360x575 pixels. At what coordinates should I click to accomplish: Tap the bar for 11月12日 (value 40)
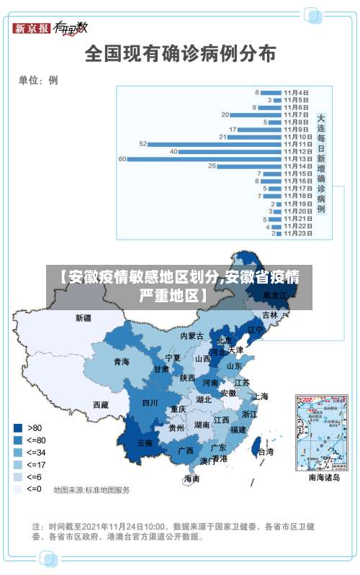pos(230,152)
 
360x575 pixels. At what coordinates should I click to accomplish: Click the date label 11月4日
pos(296,92)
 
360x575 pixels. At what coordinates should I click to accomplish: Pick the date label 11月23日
pos(297,233)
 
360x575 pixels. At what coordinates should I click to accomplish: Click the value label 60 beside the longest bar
pos(122,159)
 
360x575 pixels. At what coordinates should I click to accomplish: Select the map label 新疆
pos(84,317)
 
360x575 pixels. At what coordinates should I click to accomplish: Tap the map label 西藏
pos(100,404)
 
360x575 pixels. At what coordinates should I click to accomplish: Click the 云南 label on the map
pos(144,443)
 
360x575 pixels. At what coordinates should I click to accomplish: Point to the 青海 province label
pos(121,362)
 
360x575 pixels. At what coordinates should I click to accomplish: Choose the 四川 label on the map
pos(150,403)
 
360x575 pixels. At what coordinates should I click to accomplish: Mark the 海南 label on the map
pos(192,479)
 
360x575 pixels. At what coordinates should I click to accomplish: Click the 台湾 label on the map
pos(265,452)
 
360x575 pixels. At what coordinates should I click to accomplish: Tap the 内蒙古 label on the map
pos(192,336)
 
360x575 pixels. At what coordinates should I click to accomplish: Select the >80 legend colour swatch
pos(17,427)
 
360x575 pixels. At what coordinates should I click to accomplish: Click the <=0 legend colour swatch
pos(17,489)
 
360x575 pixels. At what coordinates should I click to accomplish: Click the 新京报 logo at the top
pos(31,28)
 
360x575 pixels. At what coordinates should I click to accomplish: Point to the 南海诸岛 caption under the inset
pos(324,477)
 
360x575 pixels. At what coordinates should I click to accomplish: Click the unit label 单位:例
pos(38,80)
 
